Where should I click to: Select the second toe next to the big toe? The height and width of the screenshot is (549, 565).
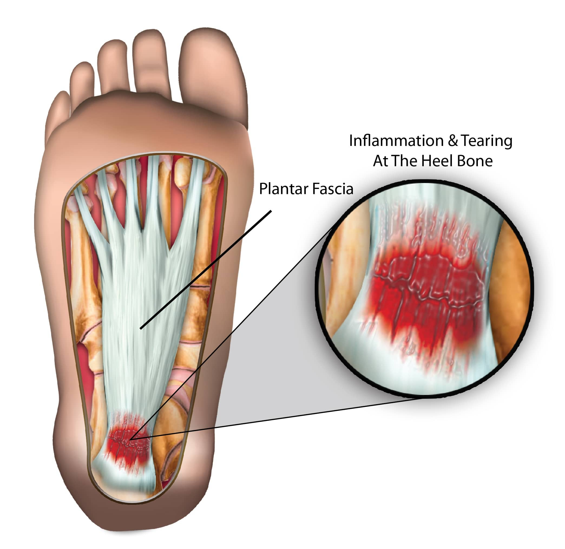[151, 63]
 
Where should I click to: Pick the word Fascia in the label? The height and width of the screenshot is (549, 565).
[333, 189]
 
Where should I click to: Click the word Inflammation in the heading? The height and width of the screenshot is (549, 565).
[396, 141]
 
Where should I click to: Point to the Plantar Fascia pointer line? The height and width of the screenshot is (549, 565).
[206, 270]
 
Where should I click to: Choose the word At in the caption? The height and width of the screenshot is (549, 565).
[380, 161]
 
